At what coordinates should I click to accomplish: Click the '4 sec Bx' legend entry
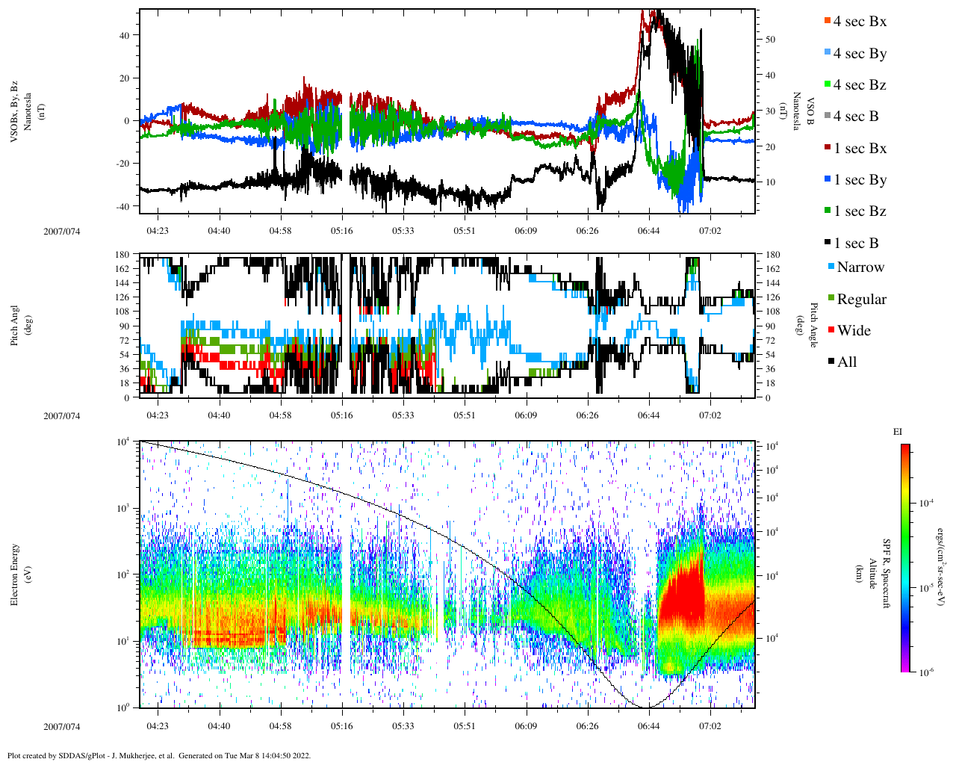pos(859,22)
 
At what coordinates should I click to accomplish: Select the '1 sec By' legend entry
pos(859,180)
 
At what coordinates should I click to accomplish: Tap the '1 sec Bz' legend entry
pos(859,211)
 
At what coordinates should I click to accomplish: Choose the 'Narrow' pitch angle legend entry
pos(860,267)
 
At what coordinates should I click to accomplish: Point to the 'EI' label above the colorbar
pos(898,432)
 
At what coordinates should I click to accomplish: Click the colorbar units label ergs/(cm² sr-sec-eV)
pos(943,558)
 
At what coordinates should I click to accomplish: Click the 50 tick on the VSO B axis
pos(769,40)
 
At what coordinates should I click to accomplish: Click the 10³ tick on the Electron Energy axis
pos(125,508)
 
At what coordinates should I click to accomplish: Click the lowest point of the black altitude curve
pos(647,707)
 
